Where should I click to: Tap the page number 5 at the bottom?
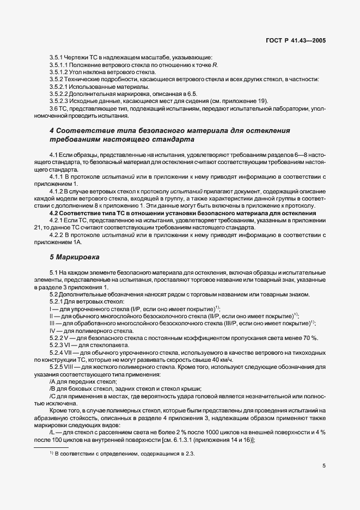coord(324,466)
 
